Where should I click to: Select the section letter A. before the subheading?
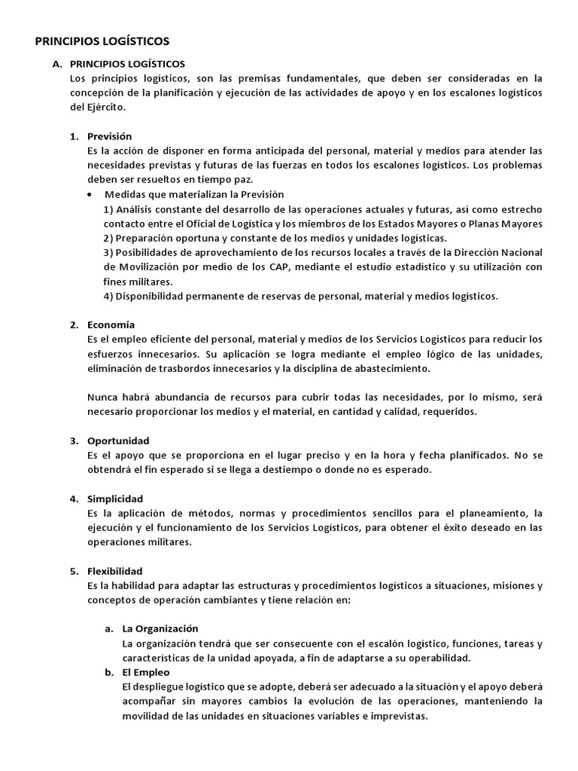[x=57, y=65]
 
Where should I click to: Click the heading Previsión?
[x=110, y=136]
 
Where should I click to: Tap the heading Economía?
[x=111, y=325]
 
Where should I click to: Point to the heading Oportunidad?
[x=118, y=440]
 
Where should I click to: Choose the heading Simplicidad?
[x=115, y=498]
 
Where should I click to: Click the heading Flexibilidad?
[x=115, y=571]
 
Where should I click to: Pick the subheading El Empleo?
[x=146, y=672]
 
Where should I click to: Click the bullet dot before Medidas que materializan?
[x=91, y=194]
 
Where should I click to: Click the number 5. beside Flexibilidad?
[x=75, y=571]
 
